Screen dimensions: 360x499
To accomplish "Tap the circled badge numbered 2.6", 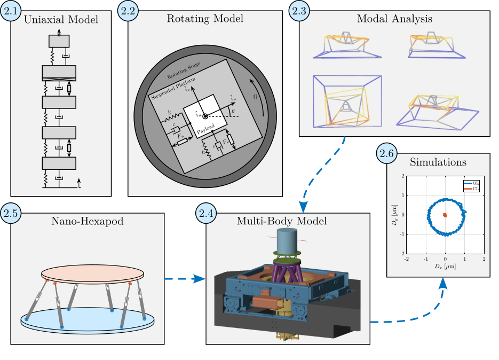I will tap(388, 154).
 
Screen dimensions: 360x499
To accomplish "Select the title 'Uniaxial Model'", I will tap(61, 20).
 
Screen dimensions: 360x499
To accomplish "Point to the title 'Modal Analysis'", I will tap(394, 19).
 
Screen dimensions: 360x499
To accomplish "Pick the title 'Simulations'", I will tap(437, 161).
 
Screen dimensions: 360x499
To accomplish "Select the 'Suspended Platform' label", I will tap(172, 89).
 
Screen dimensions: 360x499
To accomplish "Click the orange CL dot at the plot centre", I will tap(446, 215).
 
